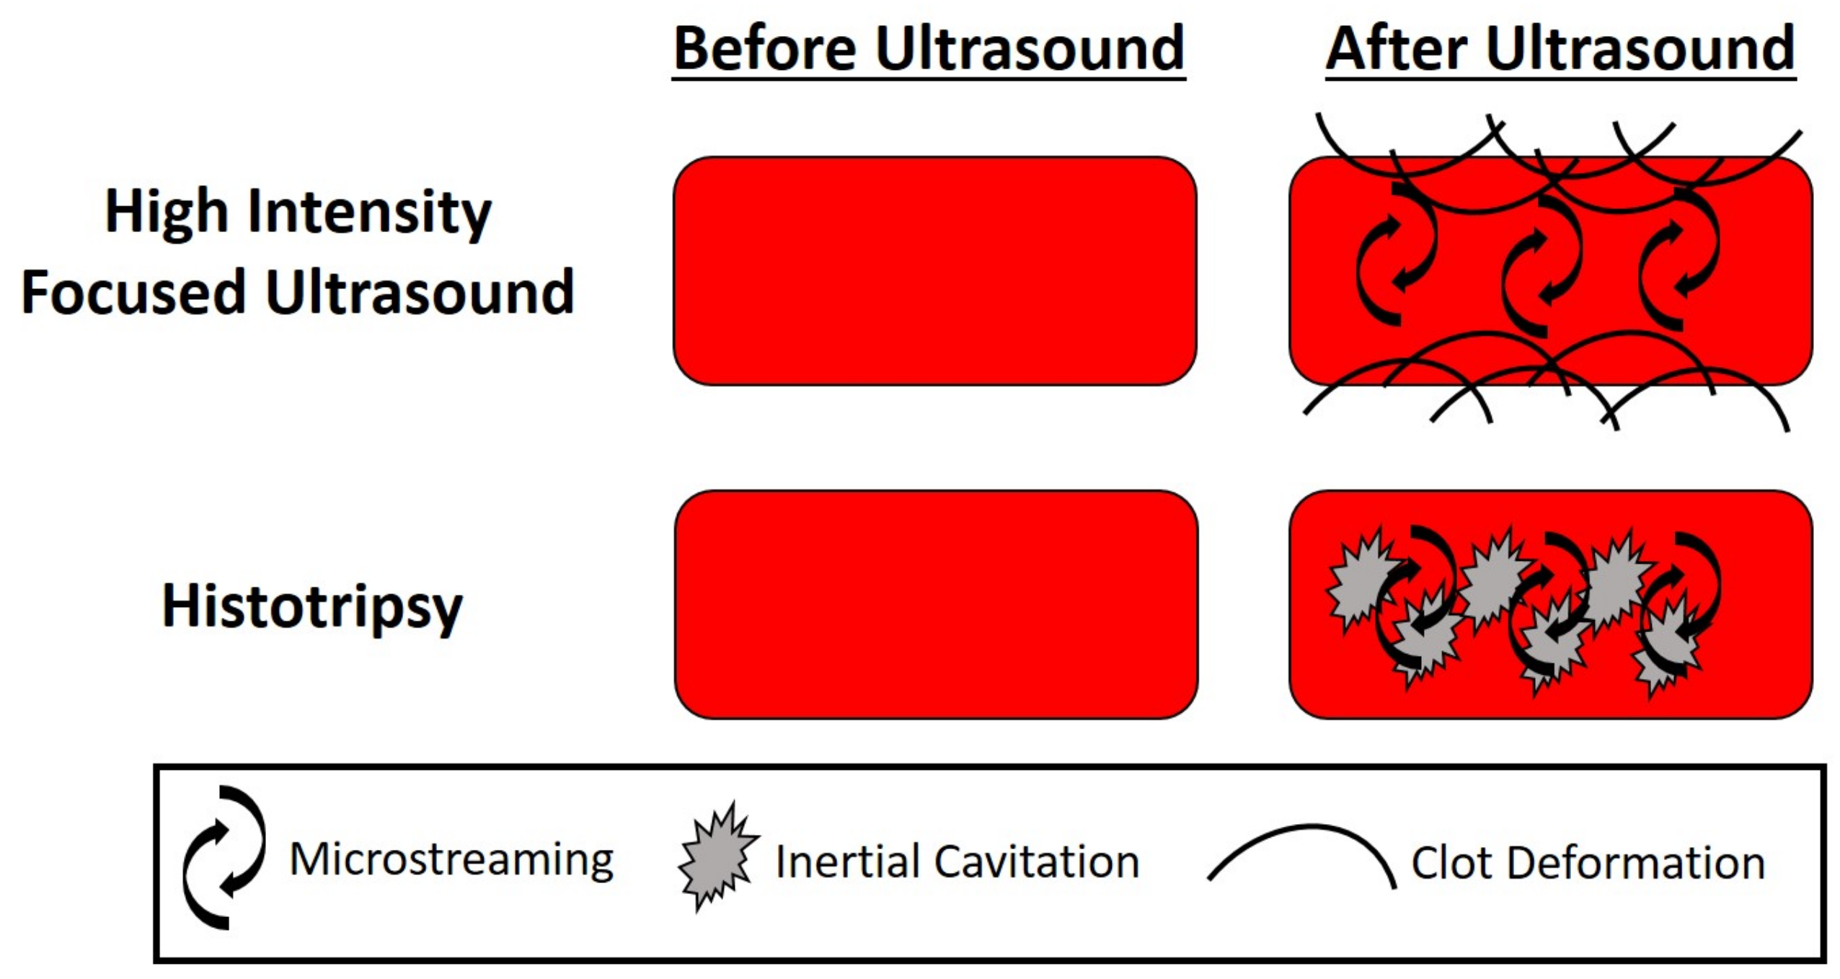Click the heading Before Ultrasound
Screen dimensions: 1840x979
point(929,49)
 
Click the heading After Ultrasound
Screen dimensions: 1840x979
point(1560,49)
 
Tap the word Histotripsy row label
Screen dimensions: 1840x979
point(312,607)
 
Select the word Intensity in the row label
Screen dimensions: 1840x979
point(369,213)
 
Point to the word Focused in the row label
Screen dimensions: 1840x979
point(134,292)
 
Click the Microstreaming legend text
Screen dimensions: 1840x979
point(451,859)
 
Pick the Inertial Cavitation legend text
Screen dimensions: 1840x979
point(957,861)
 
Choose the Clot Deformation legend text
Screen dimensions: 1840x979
point(1588,863)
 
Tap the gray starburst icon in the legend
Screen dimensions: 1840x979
point(718,856)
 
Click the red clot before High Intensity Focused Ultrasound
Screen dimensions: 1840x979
point(935,271)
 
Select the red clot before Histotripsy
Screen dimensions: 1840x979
point(936,604)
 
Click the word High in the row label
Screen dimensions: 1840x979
point(167,213)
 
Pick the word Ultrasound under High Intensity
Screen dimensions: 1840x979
point(420,292)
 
